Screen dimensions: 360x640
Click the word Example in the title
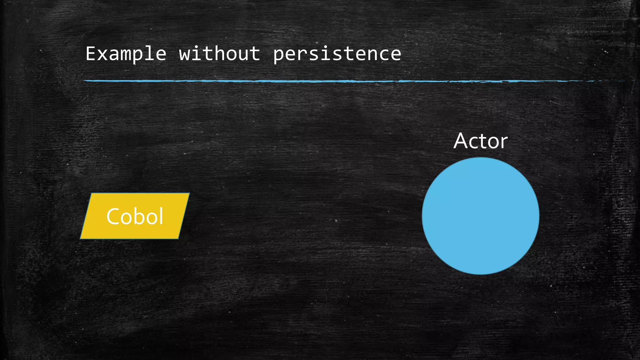126,54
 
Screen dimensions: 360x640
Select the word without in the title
219,54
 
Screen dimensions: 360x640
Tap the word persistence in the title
337,54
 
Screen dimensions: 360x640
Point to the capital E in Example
91,53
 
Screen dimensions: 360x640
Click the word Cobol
135,216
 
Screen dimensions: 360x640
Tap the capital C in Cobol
113,216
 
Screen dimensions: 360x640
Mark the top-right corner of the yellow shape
189,193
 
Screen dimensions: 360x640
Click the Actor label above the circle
480,141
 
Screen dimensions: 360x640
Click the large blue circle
480,216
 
